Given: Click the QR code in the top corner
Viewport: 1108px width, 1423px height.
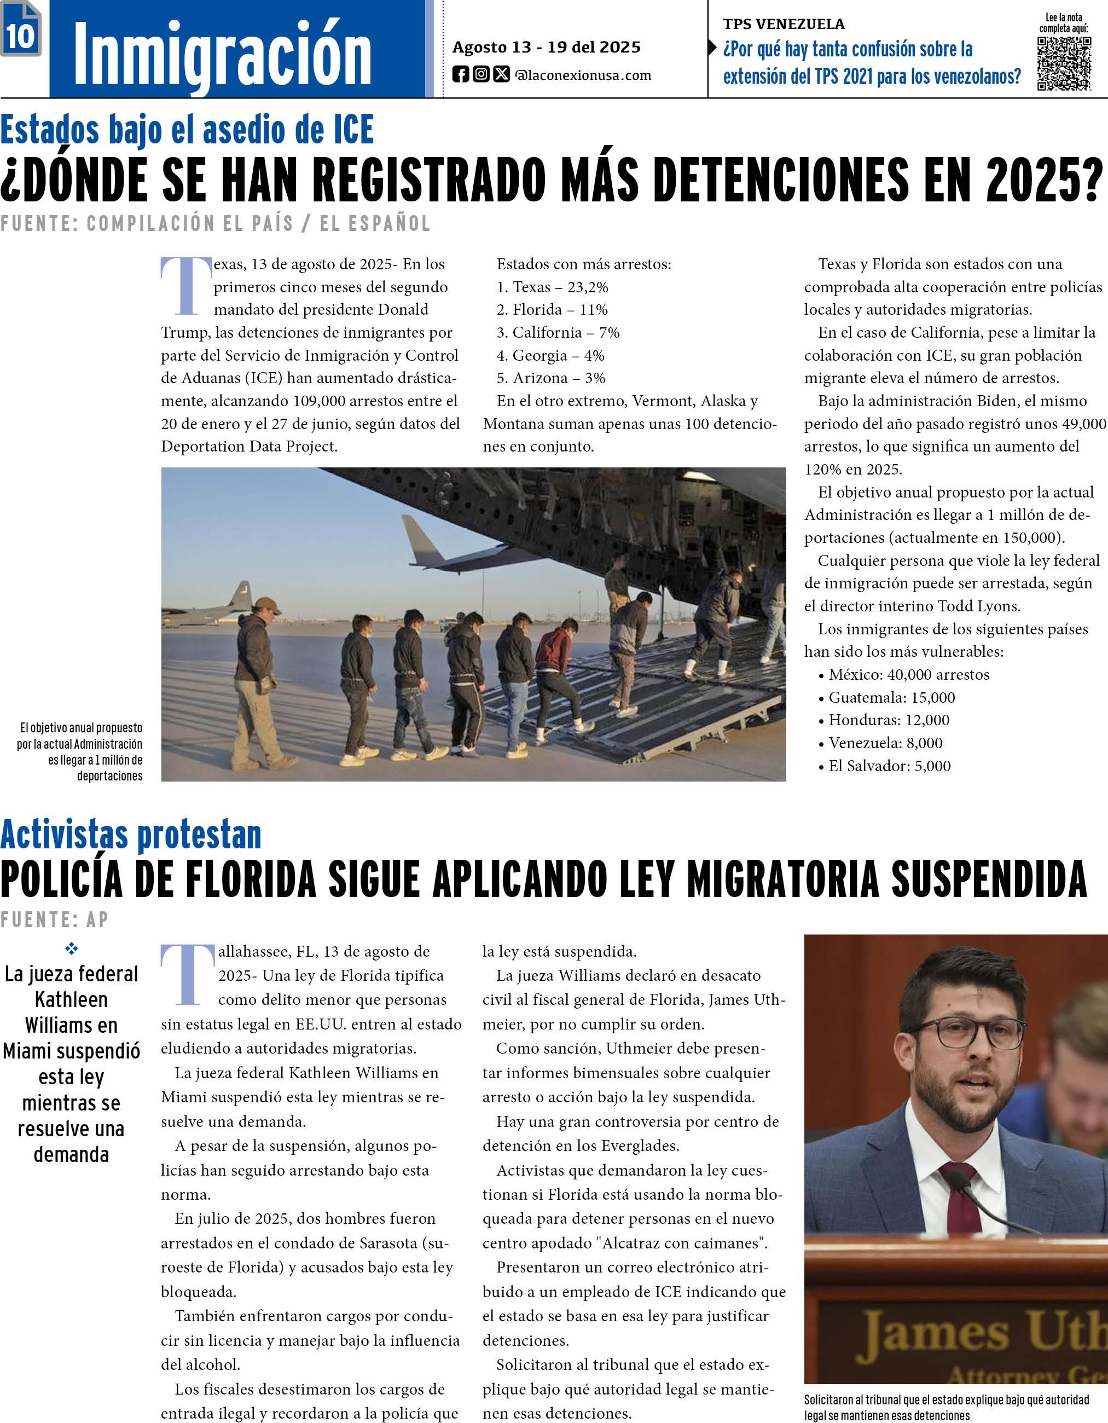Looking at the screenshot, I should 1064,63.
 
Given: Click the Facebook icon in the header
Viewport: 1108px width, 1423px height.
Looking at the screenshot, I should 461,75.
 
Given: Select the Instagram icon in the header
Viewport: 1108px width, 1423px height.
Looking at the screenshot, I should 481,74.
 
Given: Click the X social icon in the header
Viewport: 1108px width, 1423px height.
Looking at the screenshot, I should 501,74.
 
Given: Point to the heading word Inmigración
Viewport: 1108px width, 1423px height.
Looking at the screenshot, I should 222,53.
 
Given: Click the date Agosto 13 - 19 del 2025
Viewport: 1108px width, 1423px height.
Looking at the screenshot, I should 546,47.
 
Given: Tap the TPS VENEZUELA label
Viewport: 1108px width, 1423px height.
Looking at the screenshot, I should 783,24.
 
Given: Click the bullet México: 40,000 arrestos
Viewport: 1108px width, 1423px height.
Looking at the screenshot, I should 908,674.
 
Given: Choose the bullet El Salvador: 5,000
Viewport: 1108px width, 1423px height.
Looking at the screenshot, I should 889,766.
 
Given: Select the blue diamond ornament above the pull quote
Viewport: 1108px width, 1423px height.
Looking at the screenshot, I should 71,948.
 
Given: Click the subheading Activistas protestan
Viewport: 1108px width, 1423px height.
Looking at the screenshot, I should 131,835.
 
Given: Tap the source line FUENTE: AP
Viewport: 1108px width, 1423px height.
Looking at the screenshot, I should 55,919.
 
